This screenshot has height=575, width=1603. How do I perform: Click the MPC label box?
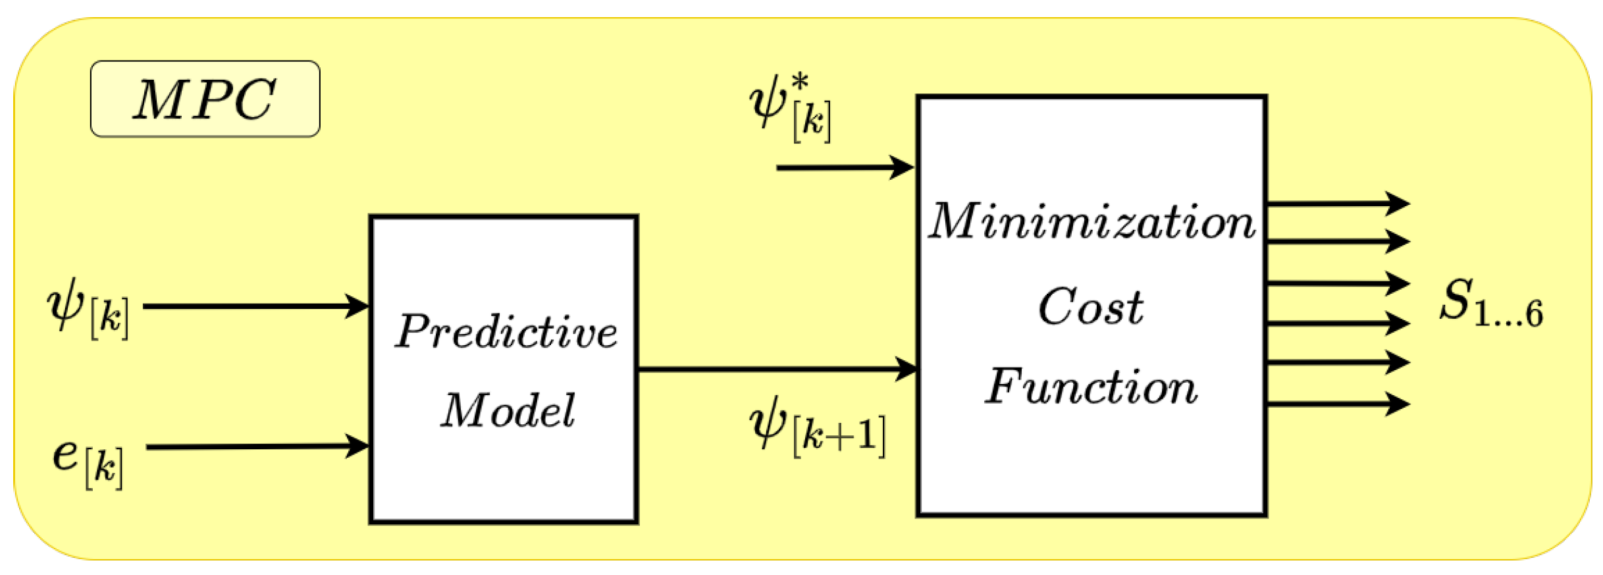tap(205, 99)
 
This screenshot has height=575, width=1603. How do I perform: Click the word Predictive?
tap(506, 331)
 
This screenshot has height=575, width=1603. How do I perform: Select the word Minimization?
tap(1091, 222)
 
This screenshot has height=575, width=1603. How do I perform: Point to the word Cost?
tap(1091, 307)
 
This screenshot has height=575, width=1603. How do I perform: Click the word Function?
tap(1091, 387)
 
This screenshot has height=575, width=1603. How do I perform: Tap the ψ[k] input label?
tap(88, 308)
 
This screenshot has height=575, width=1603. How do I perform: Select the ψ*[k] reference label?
tap(791, 109)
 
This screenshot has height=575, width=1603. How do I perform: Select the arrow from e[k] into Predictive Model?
tap(257, 447)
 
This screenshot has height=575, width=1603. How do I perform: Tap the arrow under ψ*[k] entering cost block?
tap(844, 167)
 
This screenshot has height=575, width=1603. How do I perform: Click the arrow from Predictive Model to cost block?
tap(777, 368)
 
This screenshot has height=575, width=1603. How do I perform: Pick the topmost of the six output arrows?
tap(1336, 204)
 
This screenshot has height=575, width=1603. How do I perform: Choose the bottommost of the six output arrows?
tap(1336, 404)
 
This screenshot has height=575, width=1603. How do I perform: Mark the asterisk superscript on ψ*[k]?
tap(800, 84)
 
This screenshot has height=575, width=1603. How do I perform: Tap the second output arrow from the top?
tap(1336, 241)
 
